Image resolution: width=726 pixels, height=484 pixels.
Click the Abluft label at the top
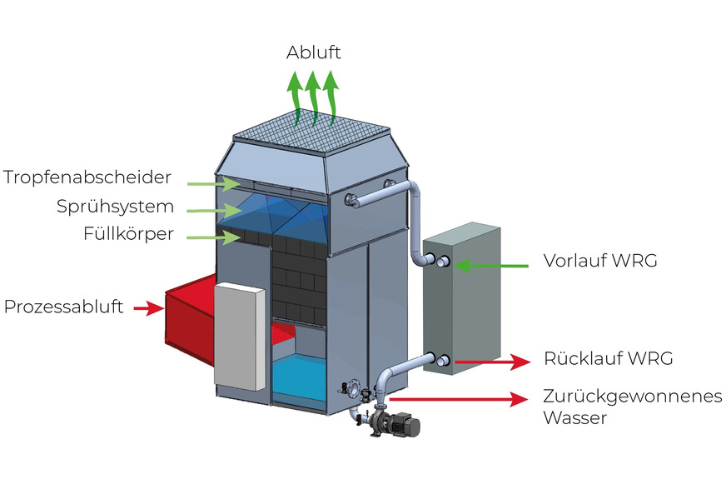point(313,52)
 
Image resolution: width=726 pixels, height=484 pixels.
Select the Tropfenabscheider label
point(87,177)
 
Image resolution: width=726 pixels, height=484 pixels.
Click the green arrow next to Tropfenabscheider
point(211,181)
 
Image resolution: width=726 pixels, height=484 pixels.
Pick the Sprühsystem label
point(116,206)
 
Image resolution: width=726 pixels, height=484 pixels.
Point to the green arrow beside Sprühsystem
point(211,209)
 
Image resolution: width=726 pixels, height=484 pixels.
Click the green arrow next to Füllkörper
point(211,237)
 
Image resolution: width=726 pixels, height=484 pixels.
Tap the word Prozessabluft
point(64,307)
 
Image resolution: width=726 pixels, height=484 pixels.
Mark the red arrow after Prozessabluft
point(149,309)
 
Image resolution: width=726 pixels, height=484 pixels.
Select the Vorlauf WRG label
point(600,261)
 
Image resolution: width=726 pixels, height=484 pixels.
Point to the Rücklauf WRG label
point(608,359)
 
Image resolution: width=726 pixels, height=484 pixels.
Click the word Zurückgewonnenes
point(632,397)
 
